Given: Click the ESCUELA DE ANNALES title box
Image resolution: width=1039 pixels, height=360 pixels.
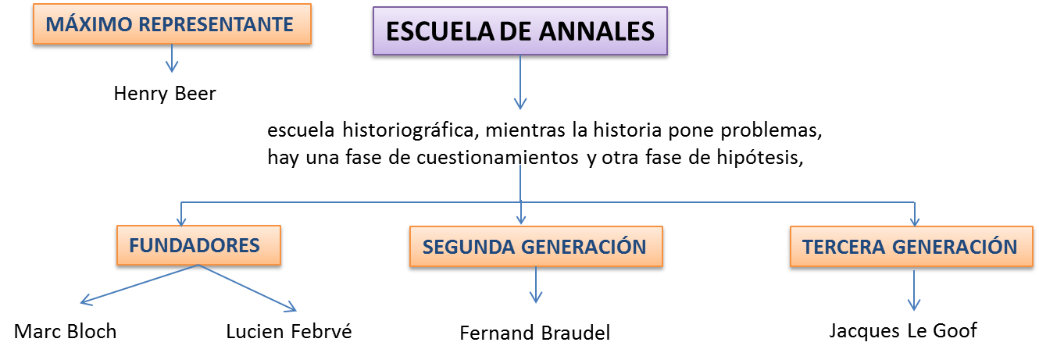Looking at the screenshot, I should pyautogui.click(x=519, y=32).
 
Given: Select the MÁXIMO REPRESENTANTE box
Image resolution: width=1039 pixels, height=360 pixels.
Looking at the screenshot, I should pyautogui.click(x=170, y=25).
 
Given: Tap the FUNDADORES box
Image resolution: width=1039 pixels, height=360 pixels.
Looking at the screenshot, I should pyautogui.click(x=195, y=245).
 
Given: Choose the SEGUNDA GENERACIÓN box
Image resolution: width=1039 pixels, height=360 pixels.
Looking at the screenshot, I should pyautogui.click(x=534, y=248).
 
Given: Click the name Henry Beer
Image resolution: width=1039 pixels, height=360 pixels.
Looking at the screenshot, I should pyautogui.click(x=164, y=94).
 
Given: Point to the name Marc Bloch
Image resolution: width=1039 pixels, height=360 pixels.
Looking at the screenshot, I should pyautogui.click(x=66, y=331).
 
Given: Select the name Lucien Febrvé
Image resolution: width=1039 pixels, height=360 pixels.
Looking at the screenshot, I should pyautogui.click(x=289, y=331).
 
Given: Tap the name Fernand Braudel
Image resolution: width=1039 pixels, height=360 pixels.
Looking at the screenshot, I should pyautogui.click(x=534, y=333).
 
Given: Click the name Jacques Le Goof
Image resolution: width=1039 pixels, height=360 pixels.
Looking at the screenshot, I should pyautogui.click(x=902, y=330).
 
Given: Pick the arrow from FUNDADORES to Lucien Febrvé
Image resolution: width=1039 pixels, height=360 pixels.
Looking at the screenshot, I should pyautogui.click(x=250, y=287).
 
